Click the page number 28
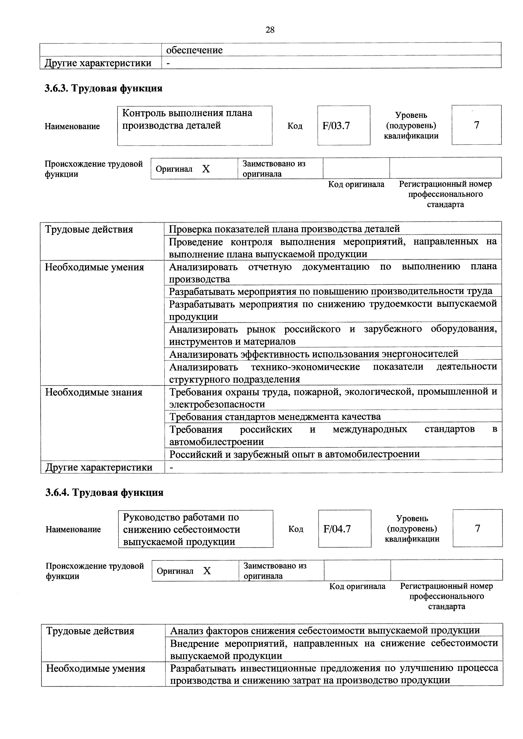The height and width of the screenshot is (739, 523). point(270,30)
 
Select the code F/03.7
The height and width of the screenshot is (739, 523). point(336,126)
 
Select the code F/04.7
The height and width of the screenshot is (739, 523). point(337,529)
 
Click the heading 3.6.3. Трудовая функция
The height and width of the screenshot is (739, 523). point(103,88)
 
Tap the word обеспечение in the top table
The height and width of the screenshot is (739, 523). point(194,50)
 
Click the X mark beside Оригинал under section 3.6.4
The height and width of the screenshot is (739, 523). point(207,571)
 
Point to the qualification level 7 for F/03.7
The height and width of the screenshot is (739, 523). point(476,125)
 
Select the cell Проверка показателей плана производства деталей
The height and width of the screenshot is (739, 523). point(284,229)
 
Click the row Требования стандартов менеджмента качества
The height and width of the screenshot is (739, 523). point(275,417)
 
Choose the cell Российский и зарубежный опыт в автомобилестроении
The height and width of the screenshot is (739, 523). point(294,454)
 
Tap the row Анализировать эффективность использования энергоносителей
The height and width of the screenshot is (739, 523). point(314,354)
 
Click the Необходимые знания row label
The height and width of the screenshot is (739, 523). point(94,392)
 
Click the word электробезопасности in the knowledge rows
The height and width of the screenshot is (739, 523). point(217,404)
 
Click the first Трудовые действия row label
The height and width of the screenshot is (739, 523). point(89,229)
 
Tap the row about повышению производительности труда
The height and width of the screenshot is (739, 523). point(330,291)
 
